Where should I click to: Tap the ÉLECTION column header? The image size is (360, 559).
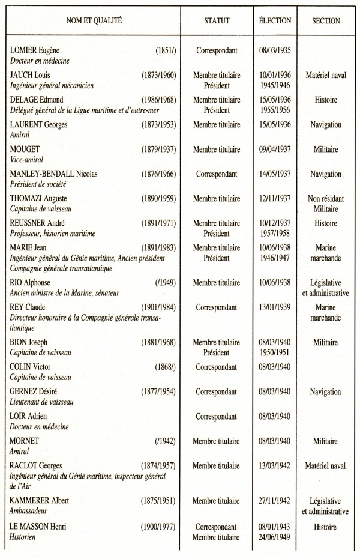click(x=275, y=21)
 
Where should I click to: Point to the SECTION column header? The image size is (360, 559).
click(x=326, y=21)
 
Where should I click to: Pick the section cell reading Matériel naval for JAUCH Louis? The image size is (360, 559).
click(x=326, y=75)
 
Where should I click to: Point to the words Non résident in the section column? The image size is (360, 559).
click(x=326, y=199)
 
